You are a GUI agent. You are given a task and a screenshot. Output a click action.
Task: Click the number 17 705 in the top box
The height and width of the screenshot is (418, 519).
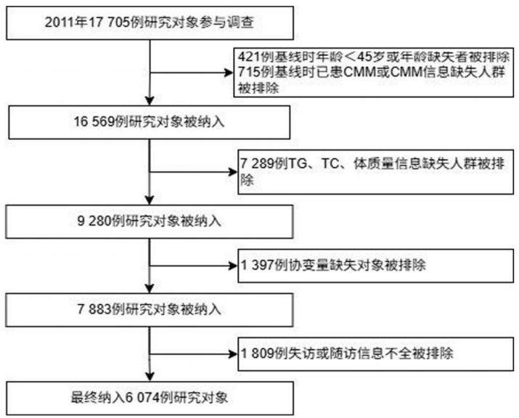click(x=109, y=22)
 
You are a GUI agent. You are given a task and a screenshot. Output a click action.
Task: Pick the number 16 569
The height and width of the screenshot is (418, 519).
click(x=94, y=121)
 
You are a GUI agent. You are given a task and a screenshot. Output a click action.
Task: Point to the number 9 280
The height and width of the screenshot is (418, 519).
click(x=94, y=221)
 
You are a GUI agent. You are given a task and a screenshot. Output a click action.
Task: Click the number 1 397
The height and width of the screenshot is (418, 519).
click(x=258, y=265)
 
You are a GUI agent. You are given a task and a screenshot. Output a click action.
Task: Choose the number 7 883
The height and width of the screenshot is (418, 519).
click(x=94, y=309)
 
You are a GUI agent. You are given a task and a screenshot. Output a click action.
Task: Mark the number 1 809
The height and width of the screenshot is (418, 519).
click(x=258, y=353)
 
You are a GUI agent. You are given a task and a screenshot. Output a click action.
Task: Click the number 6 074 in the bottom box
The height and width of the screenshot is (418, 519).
click(x=142, y=397)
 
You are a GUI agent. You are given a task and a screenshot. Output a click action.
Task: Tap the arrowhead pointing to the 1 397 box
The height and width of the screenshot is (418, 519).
click(x=234, y=266)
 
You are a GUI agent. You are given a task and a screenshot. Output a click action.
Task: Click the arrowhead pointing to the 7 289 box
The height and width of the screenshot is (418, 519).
click(x=234, y=172)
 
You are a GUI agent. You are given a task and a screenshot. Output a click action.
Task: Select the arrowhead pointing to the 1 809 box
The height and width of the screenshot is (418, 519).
click(x=234, y=354)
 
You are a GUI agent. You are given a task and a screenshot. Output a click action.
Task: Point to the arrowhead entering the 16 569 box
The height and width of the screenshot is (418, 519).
click(x=150, y=101)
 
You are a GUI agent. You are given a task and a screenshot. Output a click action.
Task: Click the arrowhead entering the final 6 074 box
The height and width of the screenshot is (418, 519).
click(x=150, y=377)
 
